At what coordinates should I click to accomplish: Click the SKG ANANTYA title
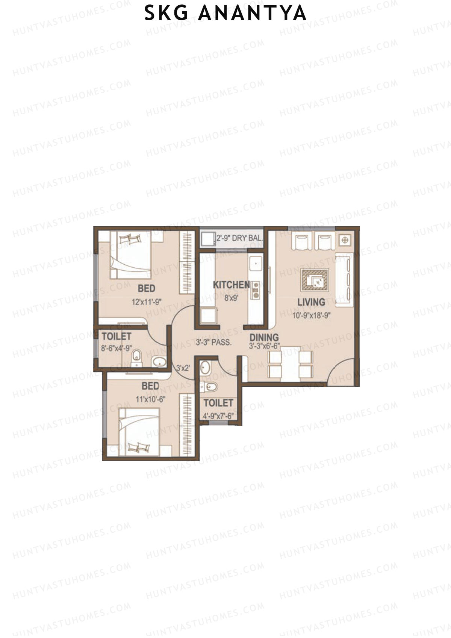click(225, 13)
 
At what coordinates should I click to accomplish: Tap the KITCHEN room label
click(231, 285)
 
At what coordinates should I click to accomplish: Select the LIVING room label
click(311, 302)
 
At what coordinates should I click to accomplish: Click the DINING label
click(264, 337)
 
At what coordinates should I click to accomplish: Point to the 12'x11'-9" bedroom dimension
click(147, 302)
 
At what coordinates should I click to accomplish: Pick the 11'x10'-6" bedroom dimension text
click(150, 399)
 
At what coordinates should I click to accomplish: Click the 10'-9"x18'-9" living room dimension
click(311, 315)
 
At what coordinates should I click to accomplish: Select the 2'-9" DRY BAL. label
click(239, 238)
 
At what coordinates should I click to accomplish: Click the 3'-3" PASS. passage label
click(213, 342)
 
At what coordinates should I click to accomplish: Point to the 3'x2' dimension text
click(183, 368)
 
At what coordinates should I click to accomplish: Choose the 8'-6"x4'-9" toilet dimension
click(116, 348)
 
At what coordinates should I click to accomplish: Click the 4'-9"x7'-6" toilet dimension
click(218, 416)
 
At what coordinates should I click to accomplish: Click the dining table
click(291, 363)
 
